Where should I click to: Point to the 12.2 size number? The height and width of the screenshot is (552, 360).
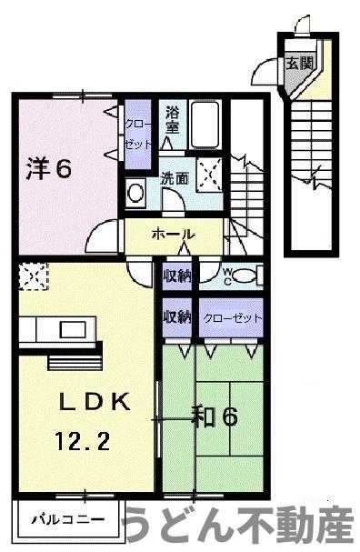[x=85, y=443]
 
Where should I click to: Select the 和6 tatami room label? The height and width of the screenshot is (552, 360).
[x=215, y=417]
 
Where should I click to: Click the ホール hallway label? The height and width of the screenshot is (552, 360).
[x=171, y=234]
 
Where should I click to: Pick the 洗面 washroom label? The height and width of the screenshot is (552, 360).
[x=175, y=178]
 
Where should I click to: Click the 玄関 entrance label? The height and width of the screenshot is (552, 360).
[x=298, y=63]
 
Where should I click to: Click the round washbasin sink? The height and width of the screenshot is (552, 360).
[x=136, y=193]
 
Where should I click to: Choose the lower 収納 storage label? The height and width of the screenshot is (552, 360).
[x=177, y=317]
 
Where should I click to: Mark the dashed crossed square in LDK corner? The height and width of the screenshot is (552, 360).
[x=31, y=275]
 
